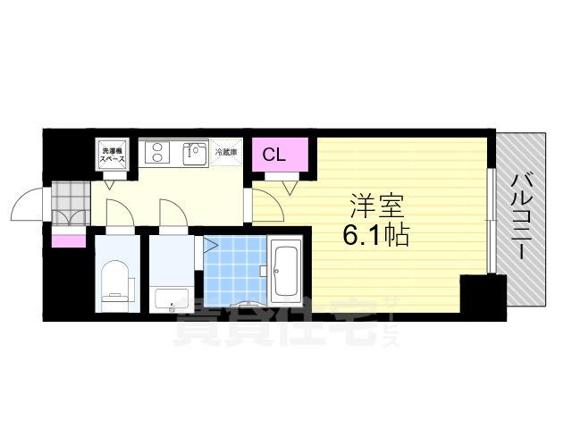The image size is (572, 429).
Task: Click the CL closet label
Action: (273, 155)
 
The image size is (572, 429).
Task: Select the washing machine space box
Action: (112, 155)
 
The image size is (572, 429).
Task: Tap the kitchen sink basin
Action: (195, 154)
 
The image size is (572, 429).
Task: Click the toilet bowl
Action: (116, 281)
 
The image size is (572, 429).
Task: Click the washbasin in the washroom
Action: (170, 298)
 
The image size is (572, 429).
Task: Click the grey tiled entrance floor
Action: (70, 205)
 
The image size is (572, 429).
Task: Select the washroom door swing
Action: (172, 214)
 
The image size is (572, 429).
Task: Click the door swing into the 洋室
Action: (265, 206)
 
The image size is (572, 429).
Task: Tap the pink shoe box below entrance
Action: (68, 239)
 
